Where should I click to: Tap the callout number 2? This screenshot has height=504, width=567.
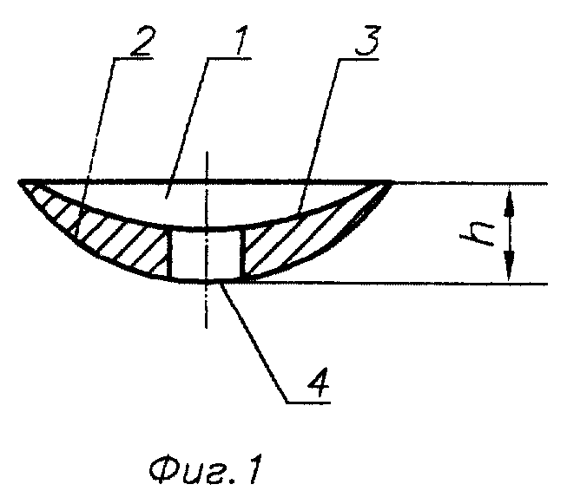tap(142, 41)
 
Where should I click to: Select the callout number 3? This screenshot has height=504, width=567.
tap(367, 41)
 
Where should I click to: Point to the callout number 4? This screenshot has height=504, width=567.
tap(319, 383)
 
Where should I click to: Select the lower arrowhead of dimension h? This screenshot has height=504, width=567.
tap(509, 267)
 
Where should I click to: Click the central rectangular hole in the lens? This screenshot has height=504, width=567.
tap(207, 254)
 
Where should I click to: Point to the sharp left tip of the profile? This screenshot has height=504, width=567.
tap(19, 180)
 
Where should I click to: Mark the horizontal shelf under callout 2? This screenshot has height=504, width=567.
tap(132, 58)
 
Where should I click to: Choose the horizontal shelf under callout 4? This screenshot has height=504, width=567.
tap(308, 402)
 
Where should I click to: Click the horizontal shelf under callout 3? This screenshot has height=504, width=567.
tap(358, 58)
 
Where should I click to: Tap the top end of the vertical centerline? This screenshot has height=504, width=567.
tap(207, 152)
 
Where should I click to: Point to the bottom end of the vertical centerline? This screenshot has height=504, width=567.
tap(207, 328)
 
